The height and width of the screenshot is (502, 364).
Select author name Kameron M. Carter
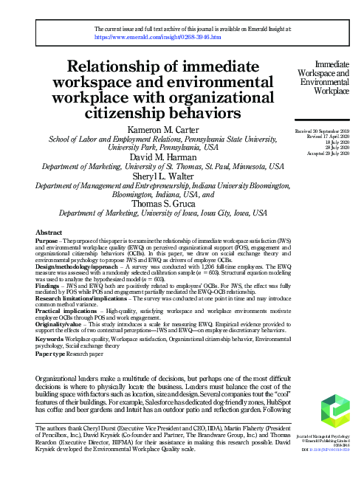coord(168,128)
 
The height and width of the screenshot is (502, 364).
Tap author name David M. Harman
coord(168,157)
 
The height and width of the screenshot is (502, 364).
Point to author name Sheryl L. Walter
coord(168,176)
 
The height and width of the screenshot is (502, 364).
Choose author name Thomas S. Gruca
coord(168,206)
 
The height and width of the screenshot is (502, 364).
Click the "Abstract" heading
coord(49,233)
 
